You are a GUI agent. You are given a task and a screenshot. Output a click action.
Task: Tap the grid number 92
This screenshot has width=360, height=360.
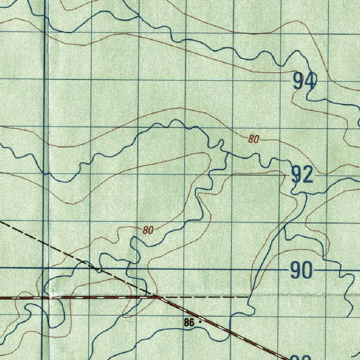[302, 175]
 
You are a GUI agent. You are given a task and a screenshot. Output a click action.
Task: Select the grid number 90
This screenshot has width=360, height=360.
[301, 271]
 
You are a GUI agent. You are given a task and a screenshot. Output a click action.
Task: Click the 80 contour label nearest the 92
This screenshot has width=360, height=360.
[253, 139]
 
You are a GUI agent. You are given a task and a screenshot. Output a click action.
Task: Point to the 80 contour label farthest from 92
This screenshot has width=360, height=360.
[148, 231]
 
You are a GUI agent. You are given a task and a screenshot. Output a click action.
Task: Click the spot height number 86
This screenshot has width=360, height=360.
[189, 322]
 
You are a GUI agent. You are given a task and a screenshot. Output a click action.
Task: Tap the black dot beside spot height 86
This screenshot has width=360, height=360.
[200, 321]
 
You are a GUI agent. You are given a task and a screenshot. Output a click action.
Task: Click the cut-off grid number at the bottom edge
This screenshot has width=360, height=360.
[301, 358]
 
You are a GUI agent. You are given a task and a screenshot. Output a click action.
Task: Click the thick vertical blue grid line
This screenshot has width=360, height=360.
[45, 176]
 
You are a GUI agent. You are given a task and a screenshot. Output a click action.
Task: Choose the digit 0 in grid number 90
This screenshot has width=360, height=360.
[307, 271]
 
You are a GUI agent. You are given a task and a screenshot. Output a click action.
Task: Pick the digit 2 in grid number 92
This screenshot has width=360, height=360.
[308, 175]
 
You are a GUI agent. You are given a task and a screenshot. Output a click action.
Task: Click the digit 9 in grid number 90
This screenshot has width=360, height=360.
[296, 271]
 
